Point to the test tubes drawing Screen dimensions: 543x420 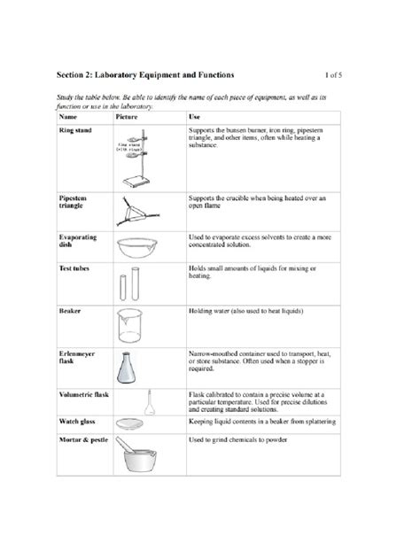click(128, 285)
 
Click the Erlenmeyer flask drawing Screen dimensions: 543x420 click(133, 369)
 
